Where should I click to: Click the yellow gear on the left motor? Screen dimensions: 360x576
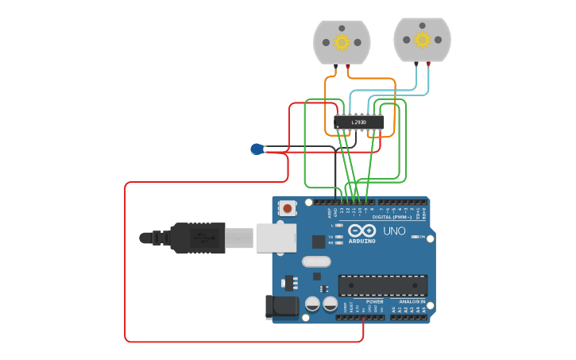(342, 41)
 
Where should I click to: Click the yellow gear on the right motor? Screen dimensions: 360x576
(422, 39)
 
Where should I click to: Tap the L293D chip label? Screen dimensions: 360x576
(358, 122)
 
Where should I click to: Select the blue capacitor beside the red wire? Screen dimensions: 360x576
(257, 149)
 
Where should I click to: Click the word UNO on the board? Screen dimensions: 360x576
(395, 231)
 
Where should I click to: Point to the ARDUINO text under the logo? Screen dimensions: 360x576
(361, 240)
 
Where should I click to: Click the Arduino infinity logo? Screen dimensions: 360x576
(361, 230)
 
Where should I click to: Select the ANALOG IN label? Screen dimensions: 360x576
(411, 302)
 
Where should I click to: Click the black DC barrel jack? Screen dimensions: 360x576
(280, 307)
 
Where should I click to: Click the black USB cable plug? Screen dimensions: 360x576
(199, 238)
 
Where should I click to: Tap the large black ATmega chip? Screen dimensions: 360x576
(382, 285)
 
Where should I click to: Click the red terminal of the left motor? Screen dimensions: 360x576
(348, 66)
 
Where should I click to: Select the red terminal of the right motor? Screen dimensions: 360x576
(428, 64)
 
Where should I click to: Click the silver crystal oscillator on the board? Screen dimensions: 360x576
(315, 261)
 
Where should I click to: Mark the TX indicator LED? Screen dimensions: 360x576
(339, 236)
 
